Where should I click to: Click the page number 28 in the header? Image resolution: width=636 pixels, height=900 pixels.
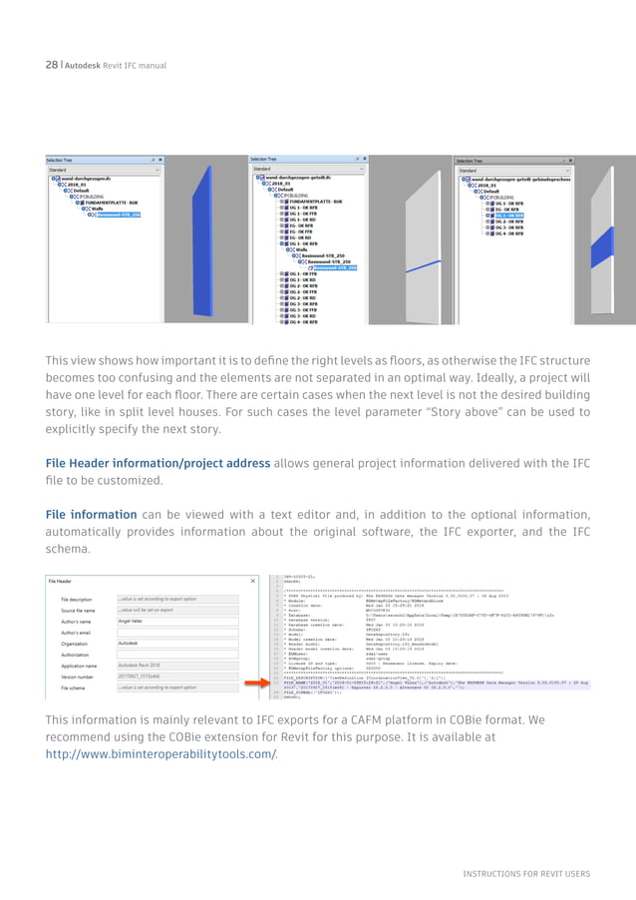[x=51, y=65]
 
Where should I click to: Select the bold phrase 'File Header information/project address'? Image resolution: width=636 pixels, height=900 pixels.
[x=158, y=463]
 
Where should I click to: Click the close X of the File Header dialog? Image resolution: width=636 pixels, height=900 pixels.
[x=253, y=581]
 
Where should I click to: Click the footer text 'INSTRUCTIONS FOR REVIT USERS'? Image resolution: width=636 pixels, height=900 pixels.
[x=525, y=874]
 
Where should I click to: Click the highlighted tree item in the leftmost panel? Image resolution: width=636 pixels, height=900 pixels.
[x=118, y=215]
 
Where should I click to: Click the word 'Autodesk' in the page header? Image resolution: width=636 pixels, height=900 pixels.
[x=87, y=65]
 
